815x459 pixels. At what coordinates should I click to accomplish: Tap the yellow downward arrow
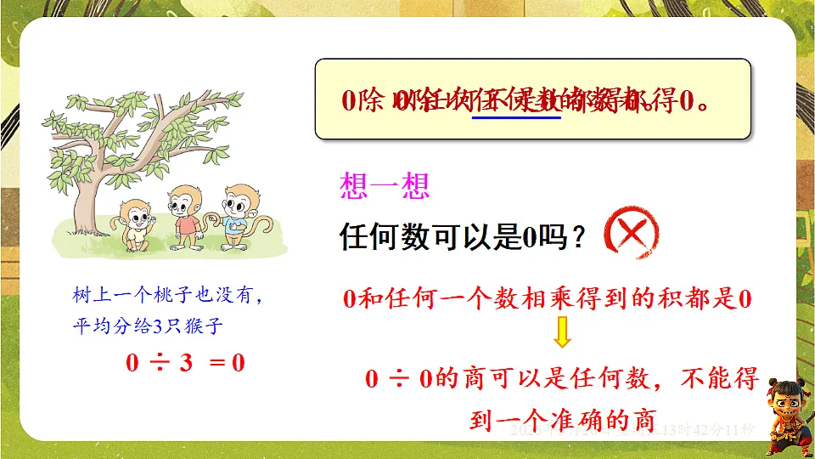click(x=561, y=332)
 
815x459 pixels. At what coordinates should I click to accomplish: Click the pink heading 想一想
click(x=384, y=187)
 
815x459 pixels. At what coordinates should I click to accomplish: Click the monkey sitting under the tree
click(x=134, y=225)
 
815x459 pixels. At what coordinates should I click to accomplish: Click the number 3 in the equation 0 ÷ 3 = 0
click(x=185, y=363)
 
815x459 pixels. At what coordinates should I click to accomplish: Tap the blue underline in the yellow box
click(x=516, y=116)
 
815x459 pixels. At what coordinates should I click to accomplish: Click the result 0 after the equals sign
click(x=239, y=363)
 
